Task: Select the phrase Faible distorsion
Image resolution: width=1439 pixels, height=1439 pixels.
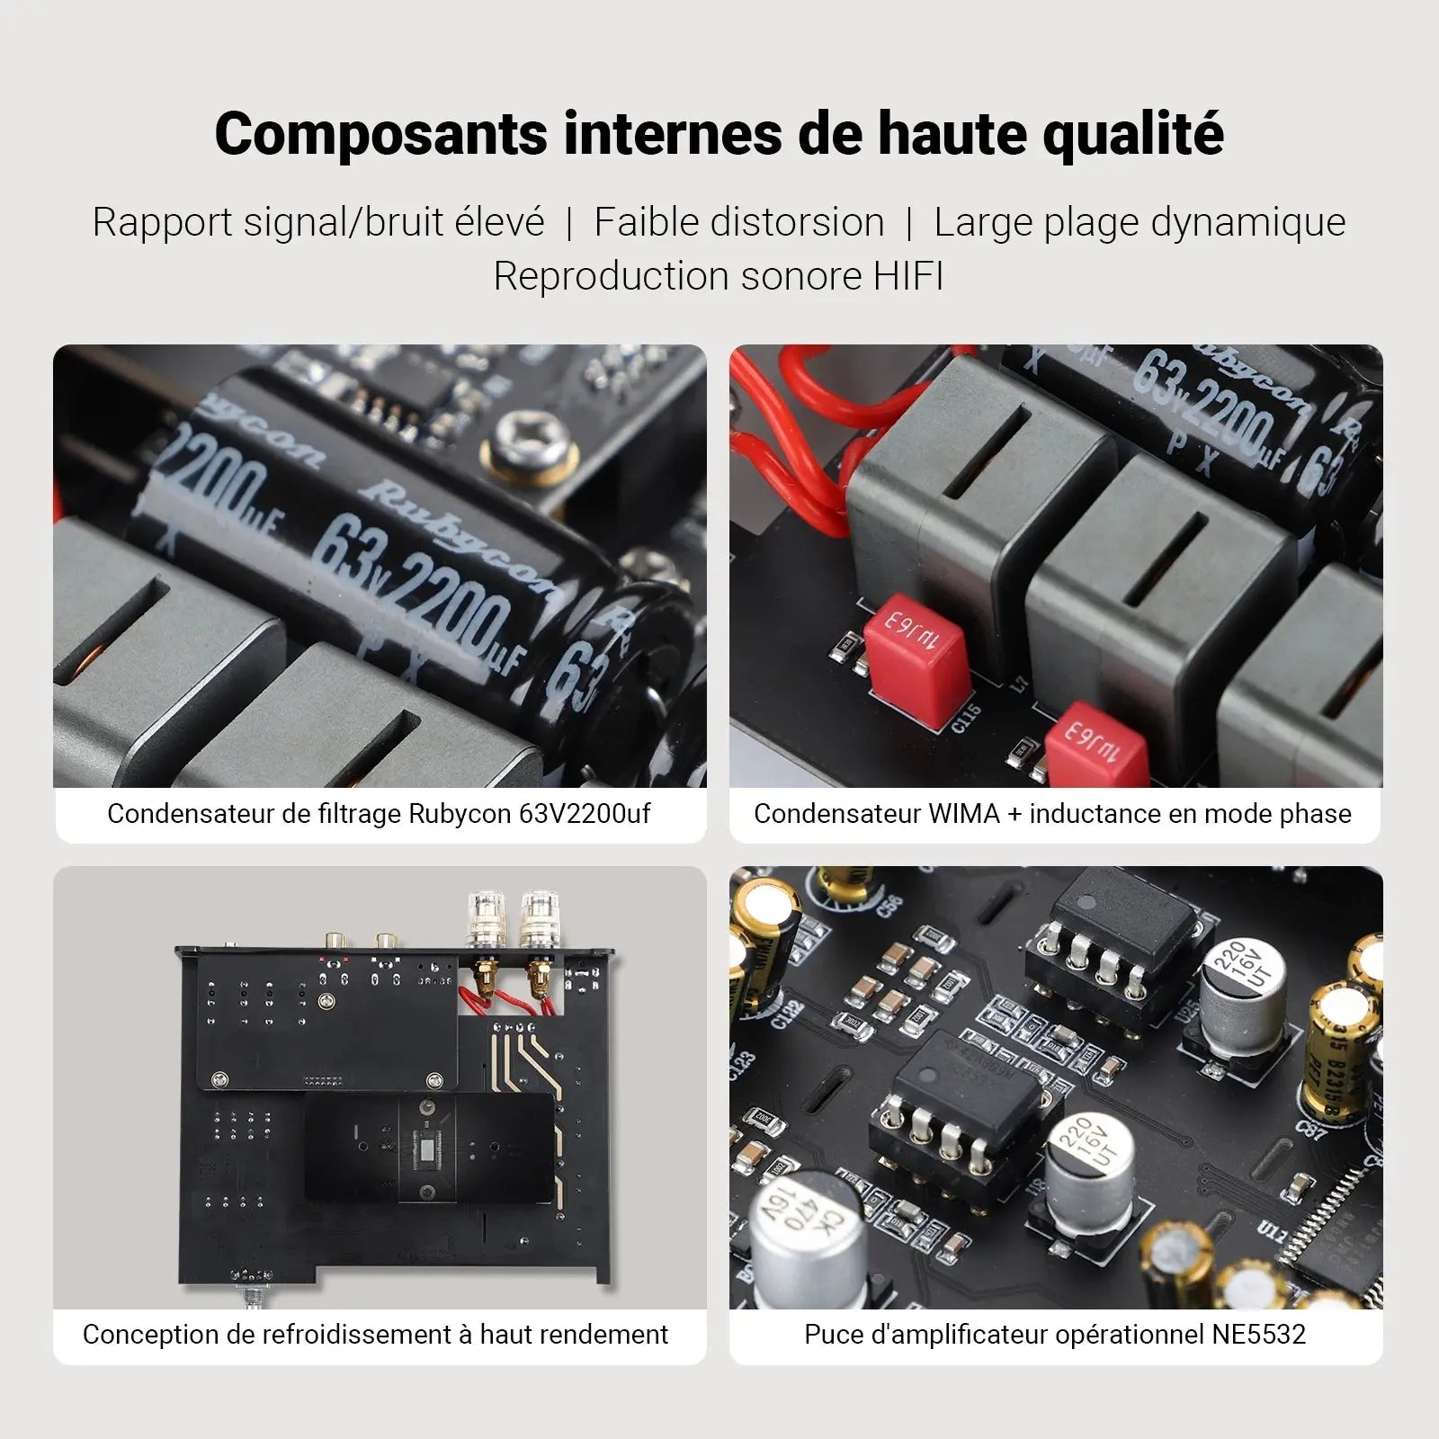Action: click(739, 222)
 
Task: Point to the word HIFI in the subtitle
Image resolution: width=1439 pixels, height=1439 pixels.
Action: click(907, 276)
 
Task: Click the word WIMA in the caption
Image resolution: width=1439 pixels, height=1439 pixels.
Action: click(963, 814)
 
